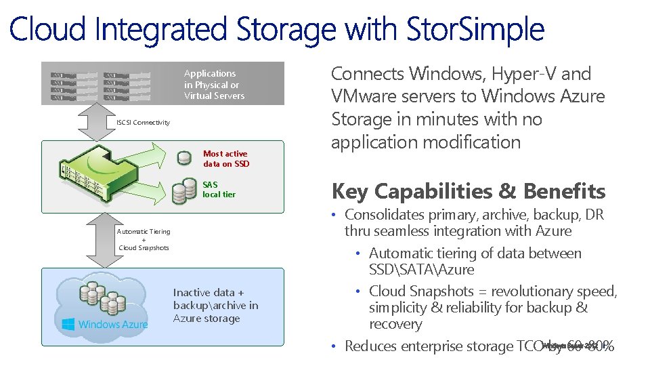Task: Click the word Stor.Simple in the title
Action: (475, 30)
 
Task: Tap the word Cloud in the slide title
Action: (47, 30)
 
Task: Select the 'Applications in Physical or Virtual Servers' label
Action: (214, 85)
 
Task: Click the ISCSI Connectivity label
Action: (143, 123)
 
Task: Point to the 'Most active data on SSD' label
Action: (226, 159)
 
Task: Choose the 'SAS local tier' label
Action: (219, 189)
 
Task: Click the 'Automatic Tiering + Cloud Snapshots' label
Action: (144, 239)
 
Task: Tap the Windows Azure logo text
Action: (113, 324)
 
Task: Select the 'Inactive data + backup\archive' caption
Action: (215, 306)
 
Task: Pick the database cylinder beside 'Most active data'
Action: (183, 159)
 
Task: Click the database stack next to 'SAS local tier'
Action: (179, 191)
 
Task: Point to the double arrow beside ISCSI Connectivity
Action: (94, 123)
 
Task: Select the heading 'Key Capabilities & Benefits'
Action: (469, 191)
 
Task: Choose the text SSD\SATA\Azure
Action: (421, 270)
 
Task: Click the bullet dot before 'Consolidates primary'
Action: (334, 216)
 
